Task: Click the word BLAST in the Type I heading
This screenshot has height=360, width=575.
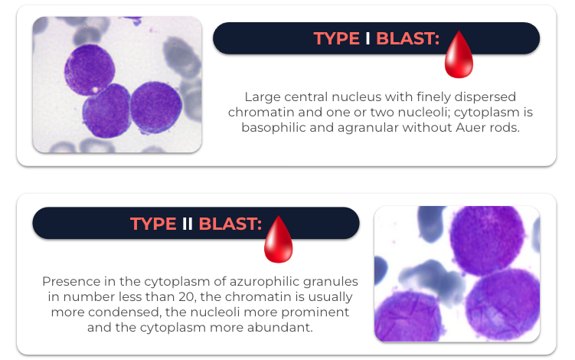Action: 407,38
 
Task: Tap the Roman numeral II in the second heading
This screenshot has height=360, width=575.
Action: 187,224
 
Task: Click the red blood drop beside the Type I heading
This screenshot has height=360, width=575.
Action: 459,54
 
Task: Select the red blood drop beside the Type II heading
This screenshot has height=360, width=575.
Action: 279,239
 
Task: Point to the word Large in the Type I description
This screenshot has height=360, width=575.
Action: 263,97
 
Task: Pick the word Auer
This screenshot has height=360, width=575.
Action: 470,127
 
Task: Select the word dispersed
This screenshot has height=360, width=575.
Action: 485,97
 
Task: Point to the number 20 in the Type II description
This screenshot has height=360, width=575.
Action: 187,297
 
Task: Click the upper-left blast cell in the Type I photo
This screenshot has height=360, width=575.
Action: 89,70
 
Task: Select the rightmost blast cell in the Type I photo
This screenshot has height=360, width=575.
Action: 156,107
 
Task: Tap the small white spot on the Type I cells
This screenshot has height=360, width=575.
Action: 96,90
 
